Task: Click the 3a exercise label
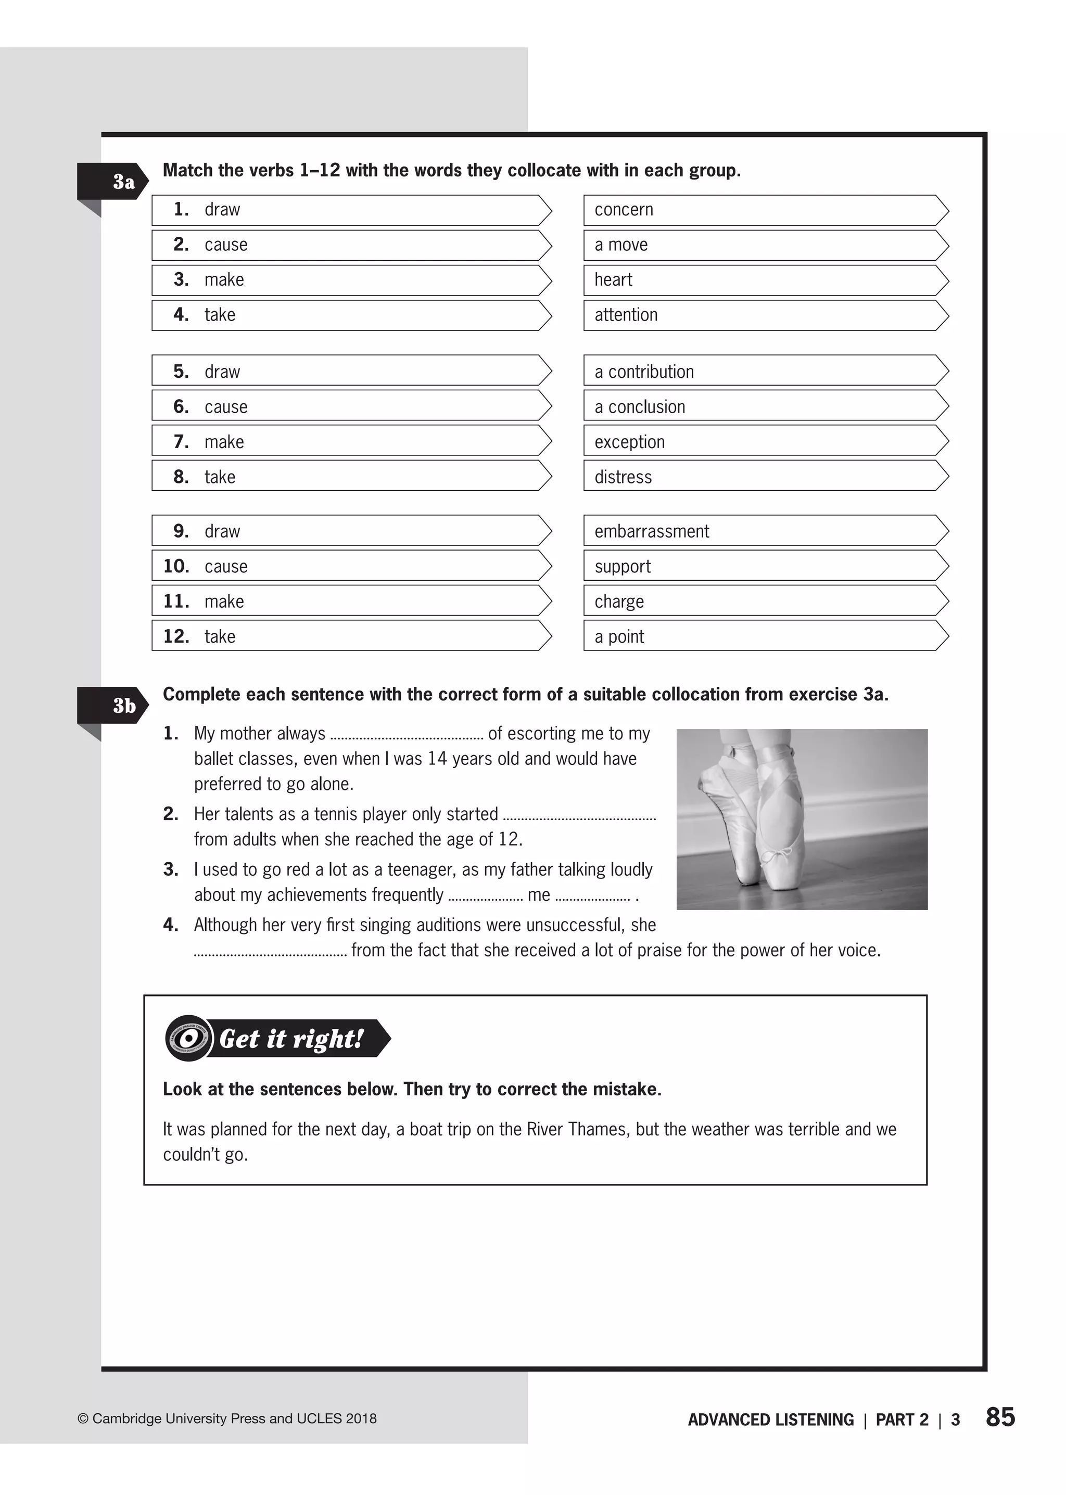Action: pyautogui.click(x=123, y=181)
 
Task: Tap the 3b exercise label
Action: pyautogui.click(x=123, y=706)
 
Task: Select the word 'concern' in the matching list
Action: pyautogui.click(x=624, y=210)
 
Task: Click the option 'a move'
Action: pyautogui.click(x=621, y=245)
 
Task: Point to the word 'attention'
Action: pyautogui.click(x=626, y=315)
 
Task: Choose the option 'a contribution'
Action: pyautogui.click(x=643, y=372)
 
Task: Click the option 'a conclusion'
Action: pyautogui.click(x=639, y=407)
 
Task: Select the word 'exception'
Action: pyautogui.click(x=629, y=442)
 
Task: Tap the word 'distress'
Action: pyautogui.click(x=623, y=477)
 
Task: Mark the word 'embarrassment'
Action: pyautogui.click(x=651, y=532)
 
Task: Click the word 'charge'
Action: pyautogui.click(x=619, y=602)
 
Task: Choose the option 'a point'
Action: pyautogui.click(x=619, y=636)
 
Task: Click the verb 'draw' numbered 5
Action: pyautogui.click(x=222, y=372)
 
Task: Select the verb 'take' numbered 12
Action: pyautogui.click(x=219, y=636)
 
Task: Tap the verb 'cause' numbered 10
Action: pyautogui.click(x=226, y=566)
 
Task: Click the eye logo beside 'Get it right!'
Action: pyautogui.click(x=188, y=1038)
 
